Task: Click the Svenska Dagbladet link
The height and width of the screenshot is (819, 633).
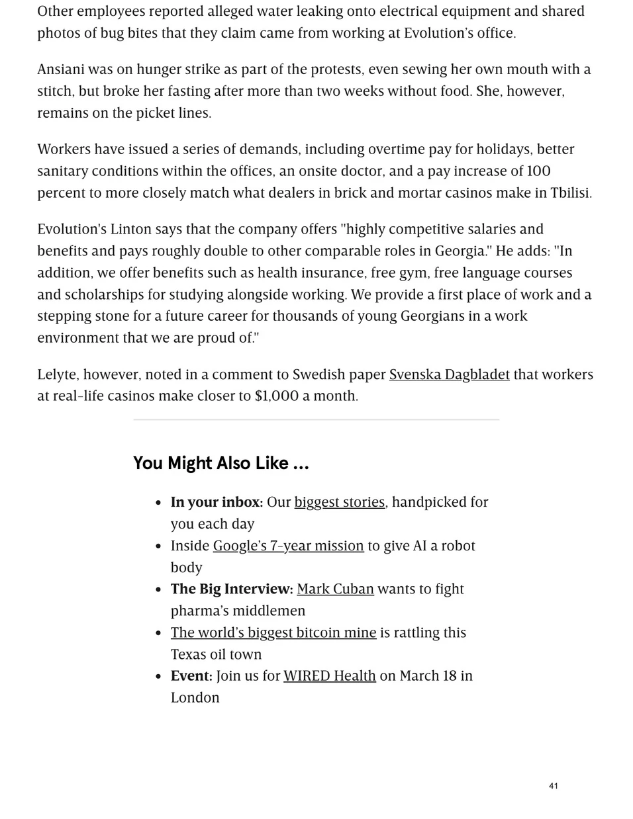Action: click(449, 374)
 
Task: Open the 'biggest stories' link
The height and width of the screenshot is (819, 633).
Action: click(339, 502)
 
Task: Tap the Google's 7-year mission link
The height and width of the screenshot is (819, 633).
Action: click(288, 546)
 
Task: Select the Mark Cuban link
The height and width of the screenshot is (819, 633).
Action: click(335, 589)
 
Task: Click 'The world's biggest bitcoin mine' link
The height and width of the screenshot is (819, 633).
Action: click(273, 632)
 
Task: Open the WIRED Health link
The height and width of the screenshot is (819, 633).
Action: click(329, 675)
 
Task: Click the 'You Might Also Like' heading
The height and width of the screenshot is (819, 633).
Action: click(220, 463)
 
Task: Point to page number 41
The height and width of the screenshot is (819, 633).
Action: click(553, 786)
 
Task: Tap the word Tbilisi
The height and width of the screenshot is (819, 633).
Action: click(570, 193)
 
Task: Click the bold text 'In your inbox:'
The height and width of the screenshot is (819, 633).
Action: click(217, 502)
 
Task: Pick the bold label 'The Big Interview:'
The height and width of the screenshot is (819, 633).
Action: click(232, 589)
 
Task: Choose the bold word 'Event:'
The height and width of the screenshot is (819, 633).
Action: click(191, 675)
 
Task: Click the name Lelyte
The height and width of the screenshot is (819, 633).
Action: click(58, 374)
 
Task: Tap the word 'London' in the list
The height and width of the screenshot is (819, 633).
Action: click(195, 697)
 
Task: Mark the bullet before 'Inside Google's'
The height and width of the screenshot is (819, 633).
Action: click(158, 546)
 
